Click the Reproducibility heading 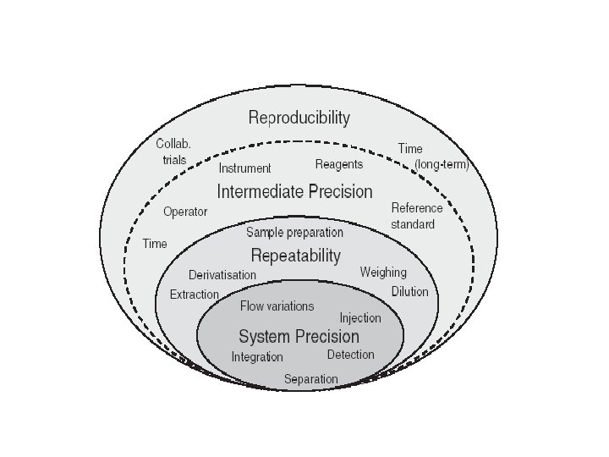point(299,117)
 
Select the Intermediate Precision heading point(294,191)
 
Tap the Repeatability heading point(296,255)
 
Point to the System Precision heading point(299,337)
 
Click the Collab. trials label point(174,151)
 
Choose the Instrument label point(244,168)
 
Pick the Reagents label point(339,164)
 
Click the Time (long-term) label point(432,157)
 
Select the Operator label point(185,212)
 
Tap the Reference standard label point(416,216)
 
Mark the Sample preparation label point(295,232)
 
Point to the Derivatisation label point(222,275)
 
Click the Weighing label point(383,273)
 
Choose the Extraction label point(195,295)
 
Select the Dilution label point(409,291)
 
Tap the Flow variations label point(277,306)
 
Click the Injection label point(360,318)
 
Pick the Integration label point(257,357)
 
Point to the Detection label point(350,354)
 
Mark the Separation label point(310,378)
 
